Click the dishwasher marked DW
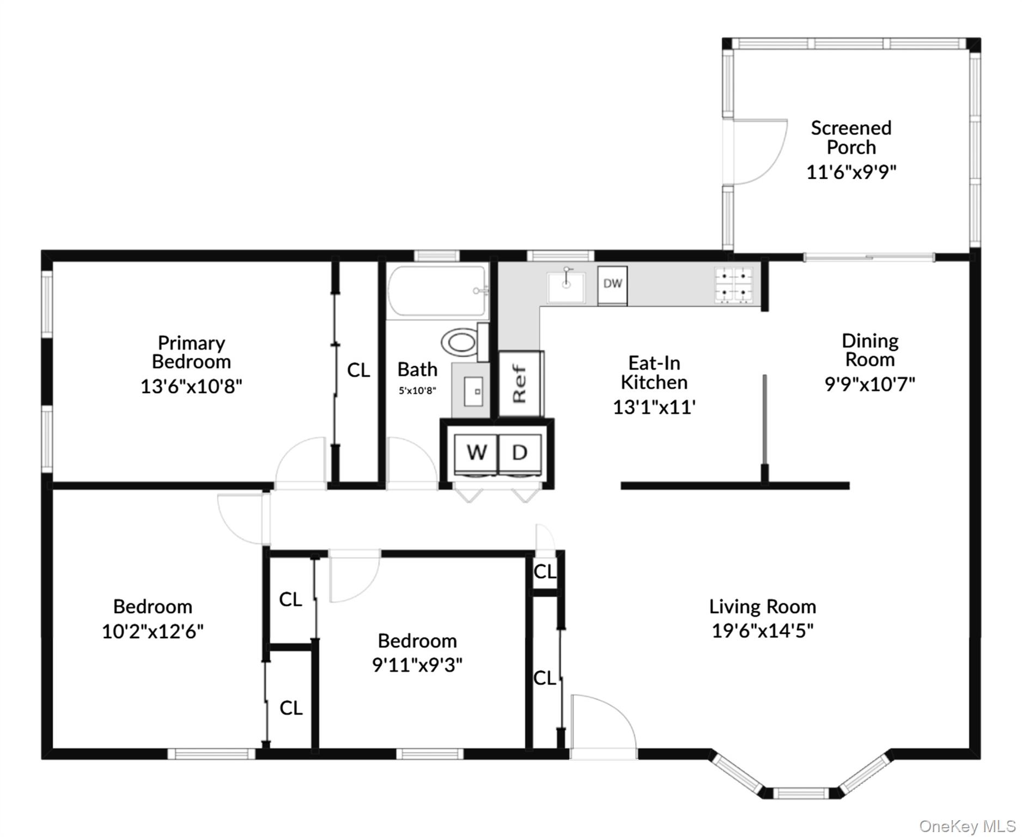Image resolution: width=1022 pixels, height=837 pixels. pyautogui.click(x=612, y=285)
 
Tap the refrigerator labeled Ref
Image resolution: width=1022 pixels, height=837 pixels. pyautogui.click(x=521, y=383)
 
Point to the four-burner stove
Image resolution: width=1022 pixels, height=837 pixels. pyautogui.click(x=734, y=285)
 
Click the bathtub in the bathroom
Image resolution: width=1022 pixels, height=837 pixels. pyautogui.click(x=437, y=292)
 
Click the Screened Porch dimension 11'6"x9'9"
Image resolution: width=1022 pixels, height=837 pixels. pyautogui.click(x=851, y=172)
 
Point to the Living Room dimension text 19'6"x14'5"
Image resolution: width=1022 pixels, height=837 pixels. pyautogui.click(x=762, y=630)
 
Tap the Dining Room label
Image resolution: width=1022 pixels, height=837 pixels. pyautogui.click(x=869, y=350)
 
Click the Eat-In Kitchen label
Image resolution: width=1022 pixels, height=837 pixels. pyautogui.click(x=654, y=373)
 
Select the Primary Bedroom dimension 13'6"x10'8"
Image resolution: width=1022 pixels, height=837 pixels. pyautogui.click(x=191, y=386)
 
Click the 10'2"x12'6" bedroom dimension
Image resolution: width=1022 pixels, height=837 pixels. pyautogui.click(x=153, y=632)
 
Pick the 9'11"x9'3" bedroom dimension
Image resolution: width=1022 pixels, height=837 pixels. pyautogui.click(x=417, y=665)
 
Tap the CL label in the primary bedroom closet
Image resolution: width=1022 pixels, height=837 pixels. pyautogui.click(x=358, y=371)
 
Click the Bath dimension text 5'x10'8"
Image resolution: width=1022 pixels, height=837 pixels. pyautogui.click(x=417, y=391)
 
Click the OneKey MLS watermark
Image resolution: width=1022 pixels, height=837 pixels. pyautogui.click(x=967, y=827)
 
